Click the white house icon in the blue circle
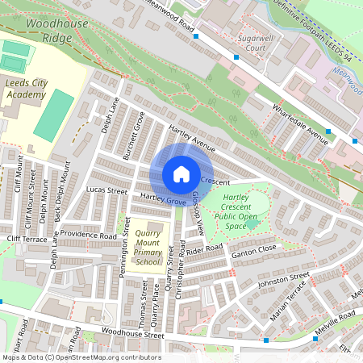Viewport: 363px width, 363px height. tap(181, 174)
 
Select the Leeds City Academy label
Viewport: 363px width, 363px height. tap(27, 88)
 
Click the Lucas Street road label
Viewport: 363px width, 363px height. tap(106, 191)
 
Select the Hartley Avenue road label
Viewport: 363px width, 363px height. tap(193, 139)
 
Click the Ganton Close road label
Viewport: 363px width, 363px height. tap(254, 249)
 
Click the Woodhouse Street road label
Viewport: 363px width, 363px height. tap(132, 335)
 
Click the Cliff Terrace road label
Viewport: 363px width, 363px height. tap(27, 240)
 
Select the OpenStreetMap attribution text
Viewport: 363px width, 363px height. tap(81, 357)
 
